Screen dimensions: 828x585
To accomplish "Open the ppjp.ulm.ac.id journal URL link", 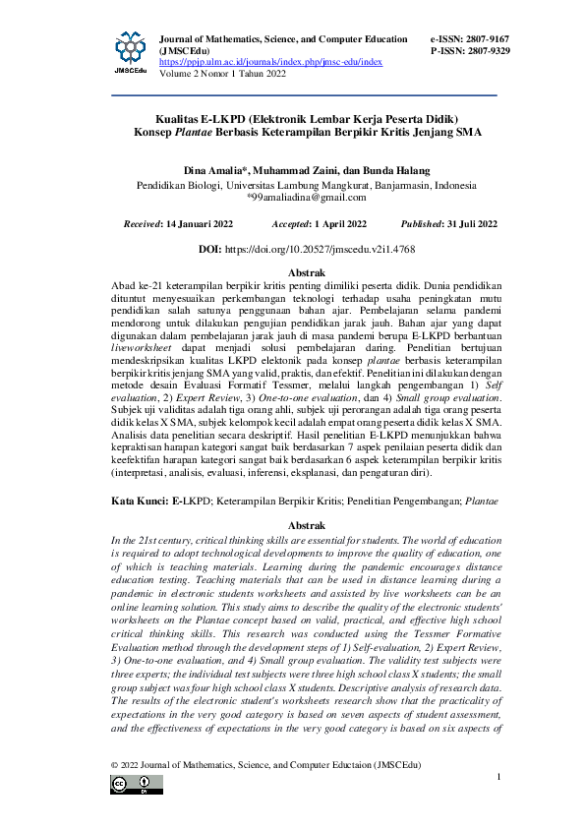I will click(270, 61).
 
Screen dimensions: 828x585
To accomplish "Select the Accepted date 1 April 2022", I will click(333, 223).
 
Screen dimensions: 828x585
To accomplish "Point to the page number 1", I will click(499, 777).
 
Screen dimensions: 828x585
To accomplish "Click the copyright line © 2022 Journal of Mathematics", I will click(264, 763).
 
